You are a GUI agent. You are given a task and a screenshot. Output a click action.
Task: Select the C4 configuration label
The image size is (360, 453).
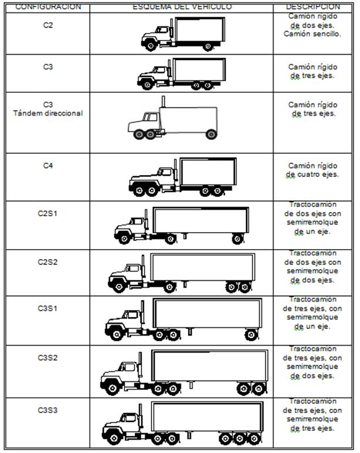click(x=48, y=166)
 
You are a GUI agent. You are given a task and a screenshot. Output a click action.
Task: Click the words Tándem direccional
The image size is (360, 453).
click(x=48, y=113)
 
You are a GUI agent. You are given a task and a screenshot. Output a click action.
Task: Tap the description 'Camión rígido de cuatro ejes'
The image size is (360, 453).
click(x=312, y=170)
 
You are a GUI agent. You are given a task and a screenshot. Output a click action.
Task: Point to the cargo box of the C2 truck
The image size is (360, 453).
click(x=200, y=29)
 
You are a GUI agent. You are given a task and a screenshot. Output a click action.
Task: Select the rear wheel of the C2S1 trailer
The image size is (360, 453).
click(x=237, y=239)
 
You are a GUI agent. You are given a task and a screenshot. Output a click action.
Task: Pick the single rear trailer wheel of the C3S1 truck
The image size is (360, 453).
click(x=251, y=334)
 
